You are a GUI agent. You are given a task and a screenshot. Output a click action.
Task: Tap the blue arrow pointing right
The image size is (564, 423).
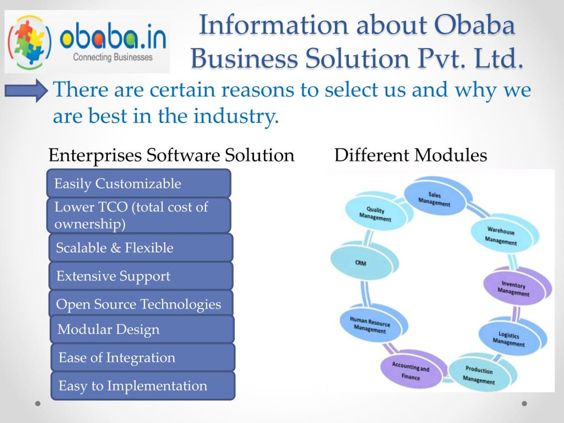coord(26,91)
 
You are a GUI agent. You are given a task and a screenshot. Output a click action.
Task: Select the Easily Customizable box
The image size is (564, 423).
coord(139,183)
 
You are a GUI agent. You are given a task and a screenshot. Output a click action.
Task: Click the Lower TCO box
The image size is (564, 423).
coord(139,215)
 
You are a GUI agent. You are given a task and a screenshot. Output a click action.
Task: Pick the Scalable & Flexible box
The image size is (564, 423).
coord(141,248)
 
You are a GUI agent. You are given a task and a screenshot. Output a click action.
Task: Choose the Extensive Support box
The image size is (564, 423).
coord(141,276)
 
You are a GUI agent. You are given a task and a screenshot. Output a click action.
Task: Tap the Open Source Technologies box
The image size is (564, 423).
coord(141,303)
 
